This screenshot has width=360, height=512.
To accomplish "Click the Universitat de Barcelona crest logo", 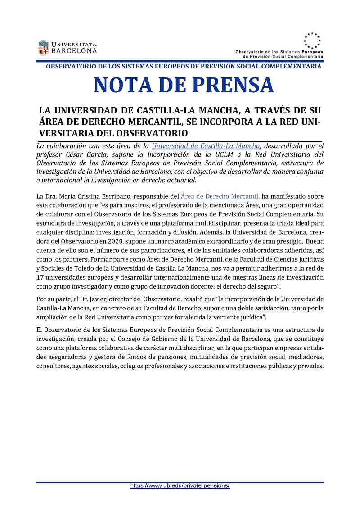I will point(43,47).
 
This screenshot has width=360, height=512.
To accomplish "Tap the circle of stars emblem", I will point(312,41).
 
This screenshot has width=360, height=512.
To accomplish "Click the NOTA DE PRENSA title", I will point(184,85).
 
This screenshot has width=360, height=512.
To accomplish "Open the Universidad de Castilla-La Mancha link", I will point(206,146).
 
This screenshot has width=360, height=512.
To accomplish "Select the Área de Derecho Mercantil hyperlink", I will point(220,195).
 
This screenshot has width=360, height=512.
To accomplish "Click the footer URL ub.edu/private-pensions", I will point(180,486).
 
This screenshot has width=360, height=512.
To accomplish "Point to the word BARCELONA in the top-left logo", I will point(74,51).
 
